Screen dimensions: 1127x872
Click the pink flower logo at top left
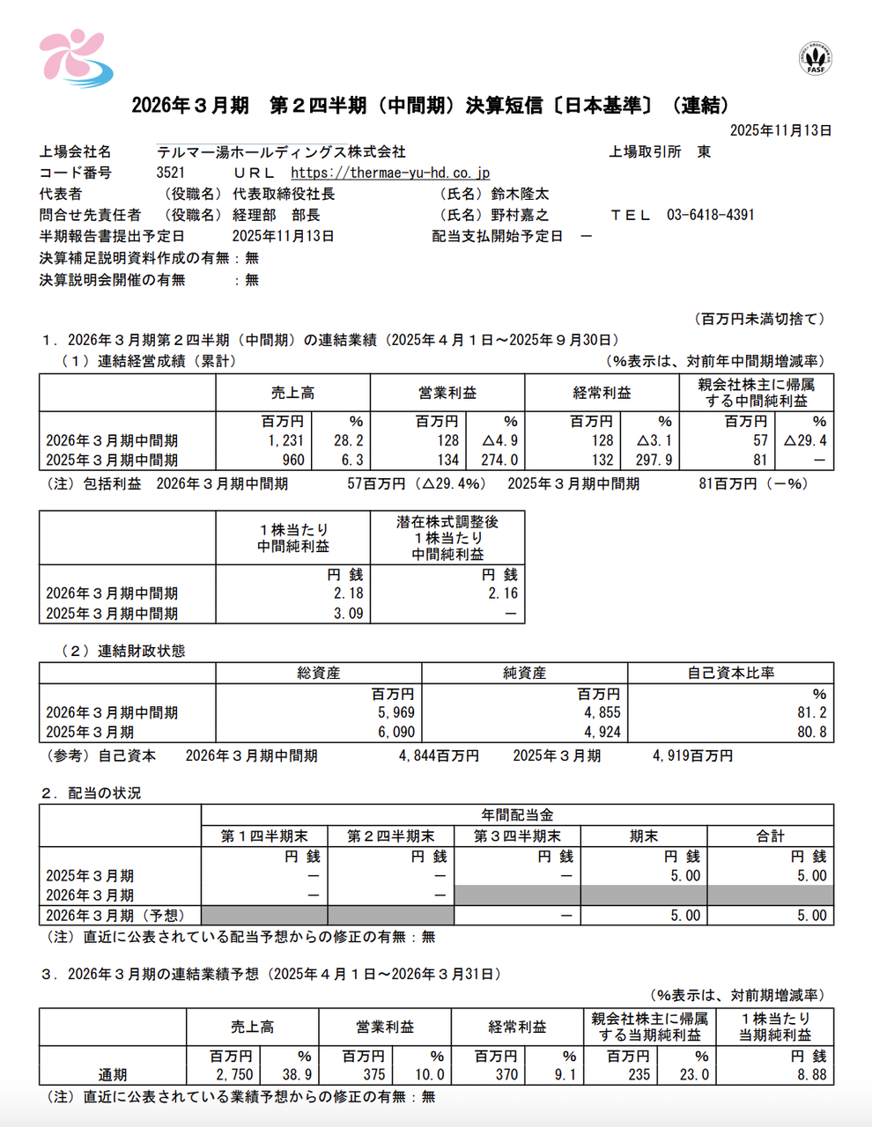click(74, 58)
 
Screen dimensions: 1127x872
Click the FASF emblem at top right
click(816, 58)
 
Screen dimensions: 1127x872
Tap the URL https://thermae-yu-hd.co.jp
click(390, 173)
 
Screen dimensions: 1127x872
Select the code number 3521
click(171, 173)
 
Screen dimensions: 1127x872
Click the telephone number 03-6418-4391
click(710, 215)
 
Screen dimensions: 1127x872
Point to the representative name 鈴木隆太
click(521, 194)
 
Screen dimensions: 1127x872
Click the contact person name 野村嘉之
click(521, 215)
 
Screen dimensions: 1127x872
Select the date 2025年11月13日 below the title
click(780, 130)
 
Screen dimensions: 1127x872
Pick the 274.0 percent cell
click(499, 460)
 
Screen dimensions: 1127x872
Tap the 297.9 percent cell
click(654, 460)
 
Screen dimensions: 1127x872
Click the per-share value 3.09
click(348, 614)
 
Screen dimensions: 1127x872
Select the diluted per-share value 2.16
click(503, 593)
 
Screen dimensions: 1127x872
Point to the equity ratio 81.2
click(812, 712)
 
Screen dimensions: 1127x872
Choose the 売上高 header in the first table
click(292, 393)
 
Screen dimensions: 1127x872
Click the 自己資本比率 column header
click(730, 673)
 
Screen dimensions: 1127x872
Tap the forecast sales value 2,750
click(234, 1074)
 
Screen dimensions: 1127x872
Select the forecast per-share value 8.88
click(810, 1074)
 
